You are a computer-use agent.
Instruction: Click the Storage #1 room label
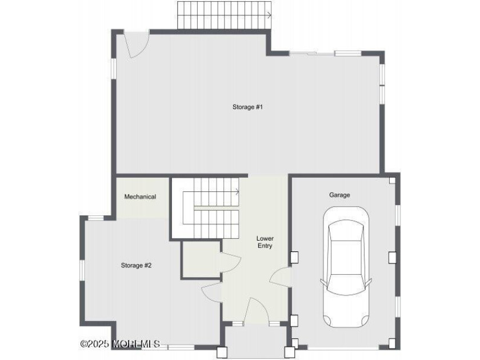pos(247,107)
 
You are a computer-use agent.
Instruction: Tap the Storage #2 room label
pos(136,265)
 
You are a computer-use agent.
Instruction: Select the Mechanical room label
pos(140,197)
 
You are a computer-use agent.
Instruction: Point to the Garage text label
pos(339,195)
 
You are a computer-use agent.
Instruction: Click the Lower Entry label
pos(265,242)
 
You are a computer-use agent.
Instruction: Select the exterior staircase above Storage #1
pos(223,15)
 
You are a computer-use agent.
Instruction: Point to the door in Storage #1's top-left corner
pos(136,45)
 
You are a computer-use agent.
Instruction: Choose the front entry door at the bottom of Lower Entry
pos(256,312)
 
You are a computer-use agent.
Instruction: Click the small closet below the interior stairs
pos(200,260)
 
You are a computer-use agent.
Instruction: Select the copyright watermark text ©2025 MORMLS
pos(120,344)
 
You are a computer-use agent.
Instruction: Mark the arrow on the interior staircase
pos(236,192)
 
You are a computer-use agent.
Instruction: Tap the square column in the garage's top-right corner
pos(392,180)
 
